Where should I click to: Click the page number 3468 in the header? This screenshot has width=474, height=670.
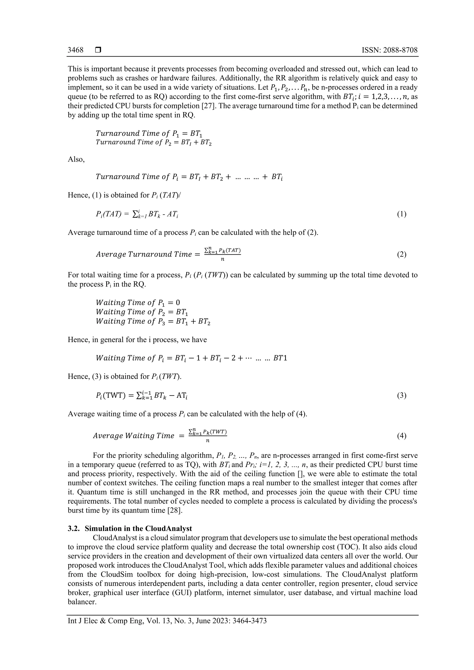(x=75, y=50)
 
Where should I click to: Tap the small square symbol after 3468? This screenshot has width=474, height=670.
(x=98, y=50)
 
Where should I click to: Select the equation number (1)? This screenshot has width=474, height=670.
(x=401, y=214)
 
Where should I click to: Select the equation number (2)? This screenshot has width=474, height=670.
(x=401, y=254)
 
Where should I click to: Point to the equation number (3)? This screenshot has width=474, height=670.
(x=401, y=395)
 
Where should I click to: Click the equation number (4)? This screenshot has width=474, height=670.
(x=401, y=436)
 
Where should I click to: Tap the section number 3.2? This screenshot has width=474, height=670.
(x=74, y=528)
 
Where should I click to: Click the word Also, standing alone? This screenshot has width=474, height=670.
(x=76, y=159)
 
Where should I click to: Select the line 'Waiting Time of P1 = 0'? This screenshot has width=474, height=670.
(x=138, y=303)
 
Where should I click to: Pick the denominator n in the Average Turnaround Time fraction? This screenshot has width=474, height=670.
(x=223, y=259)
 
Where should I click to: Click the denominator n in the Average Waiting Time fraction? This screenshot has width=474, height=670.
(x=208, y=441)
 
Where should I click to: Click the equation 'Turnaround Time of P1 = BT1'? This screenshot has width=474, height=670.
(x=149, y=134)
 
